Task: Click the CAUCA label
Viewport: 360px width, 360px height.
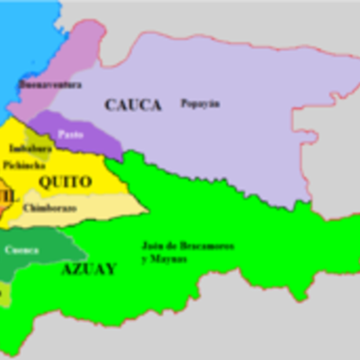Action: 132,105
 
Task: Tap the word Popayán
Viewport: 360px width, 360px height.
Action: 200,103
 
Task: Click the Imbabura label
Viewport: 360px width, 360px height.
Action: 29,148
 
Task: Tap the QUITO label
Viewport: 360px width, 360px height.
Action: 64,182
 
